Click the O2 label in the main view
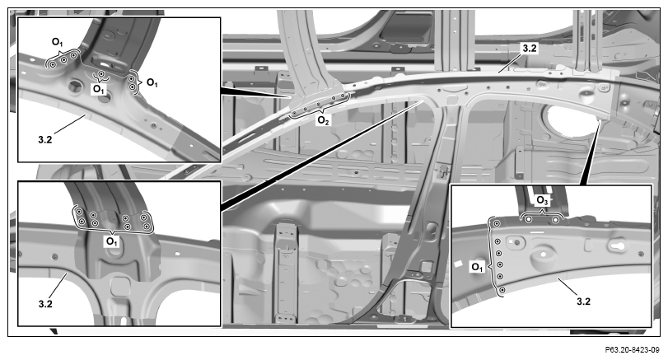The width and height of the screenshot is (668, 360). pyautogui.click(x=324, y=121)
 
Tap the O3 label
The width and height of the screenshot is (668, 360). pyautogui.click(x=542, y=200)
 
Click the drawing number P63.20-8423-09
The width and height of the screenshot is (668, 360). pyautogui.click(x=632, y=350)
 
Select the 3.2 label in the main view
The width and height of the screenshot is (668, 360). pyautogui.click(x=530, y=48)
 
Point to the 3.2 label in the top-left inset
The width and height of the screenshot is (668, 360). pyautogui.click(x=44, y=139)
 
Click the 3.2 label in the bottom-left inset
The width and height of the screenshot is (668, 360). pyautogui.click(x=45, y=304)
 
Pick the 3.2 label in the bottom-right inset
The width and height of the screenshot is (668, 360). pyautogui.click(x=583, y=302)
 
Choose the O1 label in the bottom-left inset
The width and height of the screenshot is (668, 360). pyautogui.click(x=111, y=241)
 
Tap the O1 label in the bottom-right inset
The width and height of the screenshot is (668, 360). pyautogui.click(x=477, y=267)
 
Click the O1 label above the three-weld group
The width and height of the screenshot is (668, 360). pyautogui.click(x=57, y=42)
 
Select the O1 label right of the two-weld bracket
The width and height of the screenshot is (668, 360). pyautogui.click(x=152, y=82)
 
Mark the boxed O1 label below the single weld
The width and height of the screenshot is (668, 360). pyautogui.click(x=98, y=90)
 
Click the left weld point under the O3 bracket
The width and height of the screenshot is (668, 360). pyautogui.click(x=528, y=219)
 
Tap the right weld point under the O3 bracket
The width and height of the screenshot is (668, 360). pyautogui.click(x=555, y=219)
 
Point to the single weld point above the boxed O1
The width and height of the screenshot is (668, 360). pyautogui.click(x=101, y=74)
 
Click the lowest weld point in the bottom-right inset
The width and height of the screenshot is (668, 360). pyautogui.click(x=502, y=290)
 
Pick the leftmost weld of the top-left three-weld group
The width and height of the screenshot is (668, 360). pyautogui.click(x=53, y=65)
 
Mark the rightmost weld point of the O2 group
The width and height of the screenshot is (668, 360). pyautogui.click(x=343, y=96)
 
